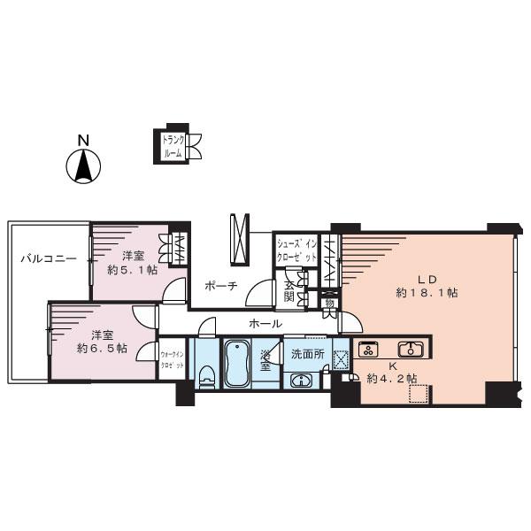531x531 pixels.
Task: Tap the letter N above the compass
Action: pyautogui.click(x=82, y=141)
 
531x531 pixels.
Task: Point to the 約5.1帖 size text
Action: pyautogui.click(x=132, y=270)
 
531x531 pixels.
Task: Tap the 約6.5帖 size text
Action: pyautogui.click(x=102, y=349)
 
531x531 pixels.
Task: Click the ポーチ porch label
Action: pyautogui.click(x=219, y=286)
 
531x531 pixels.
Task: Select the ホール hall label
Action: pyautogui.click(x=265, y=324)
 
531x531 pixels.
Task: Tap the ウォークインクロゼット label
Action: pyautogui.click(x=172, y=360)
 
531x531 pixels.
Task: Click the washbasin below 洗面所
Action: pyautogui.click(x=301, y=381)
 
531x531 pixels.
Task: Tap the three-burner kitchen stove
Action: pyautogui.click(x=370, y=348)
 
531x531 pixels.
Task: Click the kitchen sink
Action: pyautogui.click(x=411, y=348)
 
